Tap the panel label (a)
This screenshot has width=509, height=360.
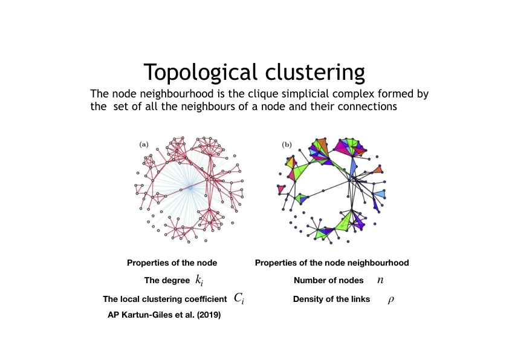[144, 144]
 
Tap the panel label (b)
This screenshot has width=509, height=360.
[287, 144]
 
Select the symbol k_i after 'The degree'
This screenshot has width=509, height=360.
[199, 280]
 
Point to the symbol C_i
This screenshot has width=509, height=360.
[239, 298]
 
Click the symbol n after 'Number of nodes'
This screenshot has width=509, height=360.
[380, 280]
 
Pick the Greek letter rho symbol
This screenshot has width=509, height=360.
[391, 299]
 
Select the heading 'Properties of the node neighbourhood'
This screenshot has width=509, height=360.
[332, 263]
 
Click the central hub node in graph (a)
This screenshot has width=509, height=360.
[190, 188]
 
